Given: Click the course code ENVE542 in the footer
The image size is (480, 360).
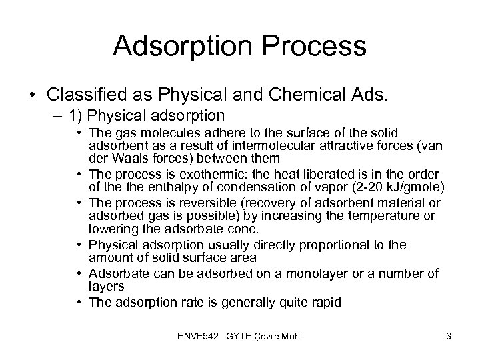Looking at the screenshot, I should [x=203, y=337].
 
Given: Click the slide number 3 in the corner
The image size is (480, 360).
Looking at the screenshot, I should [x=449, y=337].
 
